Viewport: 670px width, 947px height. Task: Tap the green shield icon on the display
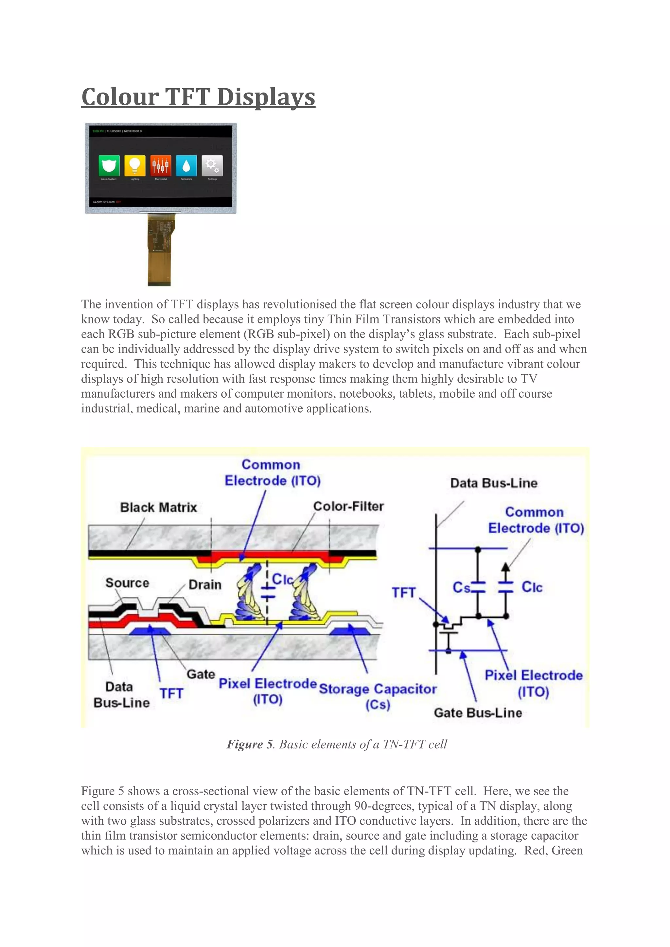(109, 165)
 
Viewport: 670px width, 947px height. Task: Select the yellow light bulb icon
(135, 165)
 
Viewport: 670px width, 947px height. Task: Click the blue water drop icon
(186, 165)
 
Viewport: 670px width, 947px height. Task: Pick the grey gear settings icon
(212, 165)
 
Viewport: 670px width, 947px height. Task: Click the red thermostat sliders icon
(161, 165)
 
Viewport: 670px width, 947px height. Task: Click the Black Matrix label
(158, 507)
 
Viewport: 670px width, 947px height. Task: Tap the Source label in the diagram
(127, 583)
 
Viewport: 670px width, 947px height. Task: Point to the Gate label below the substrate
(201, 674)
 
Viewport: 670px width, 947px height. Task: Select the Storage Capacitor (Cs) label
(378, 696)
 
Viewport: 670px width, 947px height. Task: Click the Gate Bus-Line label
(478, 713)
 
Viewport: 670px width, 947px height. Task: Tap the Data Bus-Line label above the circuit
(494, 483)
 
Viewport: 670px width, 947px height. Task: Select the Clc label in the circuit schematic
(532, 587)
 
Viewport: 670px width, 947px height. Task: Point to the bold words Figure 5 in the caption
(250, 744)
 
